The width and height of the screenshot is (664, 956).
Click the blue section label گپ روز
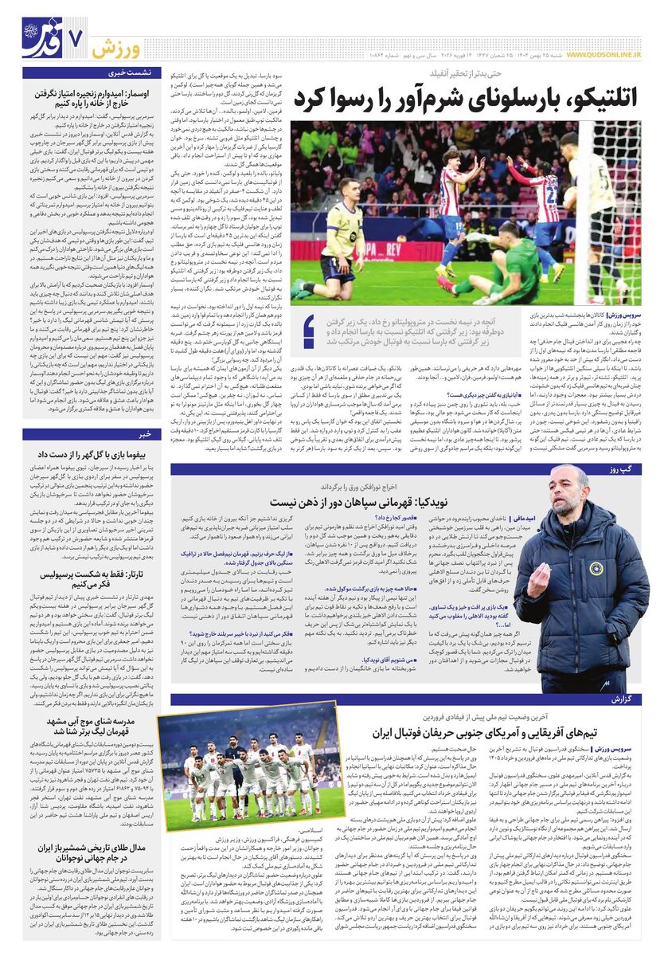(624, 470)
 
